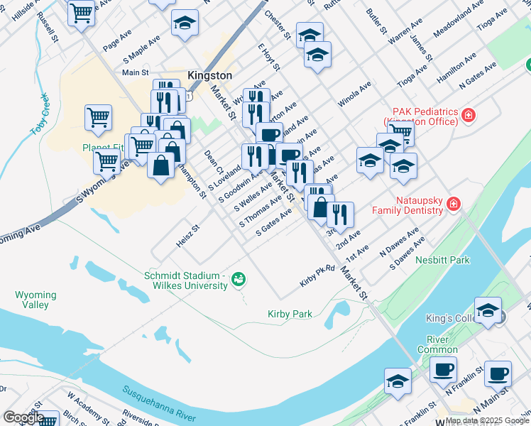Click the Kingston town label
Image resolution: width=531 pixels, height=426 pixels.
(209, 75)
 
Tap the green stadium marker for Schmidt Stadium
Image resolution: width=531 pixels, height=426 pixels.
(239, 279)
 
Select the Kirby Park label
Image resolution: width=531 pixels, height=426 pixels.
(290, 314)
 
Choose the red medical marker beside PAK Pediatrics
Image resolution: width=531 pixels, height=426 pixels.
(468, 115)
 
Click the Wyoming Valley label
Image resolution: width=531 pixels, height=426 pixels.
(35, 300)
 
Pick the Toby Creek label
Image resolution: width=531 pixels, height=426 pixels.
(39, 114)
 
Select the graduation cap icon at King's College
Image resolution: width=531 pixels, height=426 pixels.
(488, 310)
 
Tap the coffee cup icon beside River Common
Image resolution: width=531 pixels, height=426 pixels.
(444, 369)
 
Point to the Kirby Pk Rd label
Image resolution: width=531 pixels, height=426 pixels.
(317, 277)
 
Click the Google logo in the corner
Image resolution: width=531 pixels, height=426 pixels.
(23, 417)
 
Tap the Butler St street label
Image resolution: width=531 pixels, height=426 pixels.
(376, 22)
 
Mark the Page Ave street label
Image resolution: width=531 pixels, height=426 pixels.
(117, 40)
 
